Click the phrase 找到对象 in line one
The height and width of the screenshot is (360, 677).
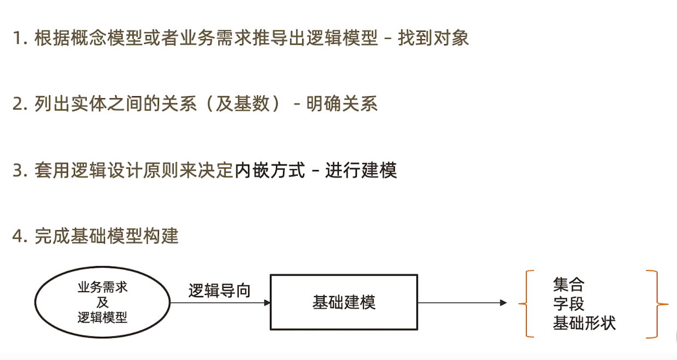[433, 39]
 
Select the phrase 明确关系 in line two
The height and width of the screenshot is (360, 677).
[342, 104]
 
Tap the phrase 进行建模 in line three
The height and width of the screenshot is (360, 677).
[361, 170]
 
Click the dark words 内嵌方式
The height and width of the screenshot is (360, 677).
[269, 170]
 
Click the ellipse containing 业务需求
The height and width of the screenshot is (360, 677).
[102, 302]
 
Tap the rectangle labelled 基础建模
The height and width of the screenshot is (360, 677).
[344, 303]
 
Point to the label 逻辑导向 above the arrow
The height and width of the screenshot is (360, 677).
[219, 291]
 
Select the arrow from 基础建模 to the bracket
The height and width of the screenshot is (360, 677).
[462, 303]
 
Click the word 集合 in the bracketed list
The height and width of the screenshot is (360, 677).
[569, 285]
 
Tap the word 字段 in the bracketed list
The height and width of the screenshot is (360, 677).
[569, 304]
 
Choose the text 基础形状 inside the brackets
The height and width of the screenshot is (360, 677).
[584, 323]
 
